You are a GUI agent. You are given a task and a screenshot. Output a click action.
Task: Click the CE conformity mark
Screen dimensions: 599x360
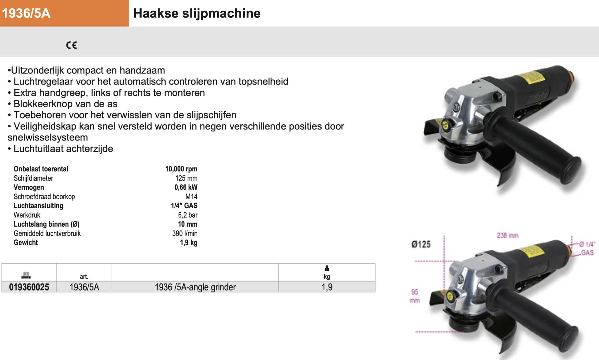pyautogui.click(x=71, y=45)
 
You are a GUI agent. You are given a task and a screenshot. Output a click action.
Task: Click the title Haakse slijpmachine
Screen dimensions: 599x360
pyautogui.click(x=197, y=13)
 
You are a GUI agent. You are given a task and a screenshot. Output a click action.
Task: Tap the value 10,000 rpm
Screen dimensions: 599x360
pyautogui.click(x=181, y=169)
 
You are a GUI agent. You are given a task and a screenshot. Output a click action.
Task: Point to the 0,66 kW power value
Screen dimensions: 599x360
pyautogui.click(x=186, y=187)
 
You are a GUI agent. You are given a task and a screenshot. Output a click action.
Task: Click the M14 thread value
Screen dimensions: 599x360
pyautogui.click(x=191, y=196)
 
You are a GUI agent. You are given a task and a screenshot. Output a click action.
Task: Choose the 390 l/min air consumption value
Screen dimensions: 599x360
pyautogui.click(x=185, y=233)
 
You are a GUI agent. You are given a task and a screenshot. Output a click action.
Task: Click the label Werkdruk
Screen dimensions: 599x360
pyautogui.click(x=27, y=215)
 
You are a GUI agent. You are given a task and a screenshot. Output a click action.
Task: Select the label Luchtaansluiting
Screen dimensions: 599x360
pyautogui.click(x=38, y=206)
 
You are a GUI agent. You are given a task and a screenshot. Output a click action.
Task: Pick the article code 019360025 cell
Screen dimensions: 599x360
pyautogui.click(x=29, y=287)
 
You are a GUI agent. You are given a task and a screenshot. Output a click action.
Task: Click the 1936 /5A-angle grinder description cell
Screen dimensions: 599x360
pyautogui.click(x=195, y=287)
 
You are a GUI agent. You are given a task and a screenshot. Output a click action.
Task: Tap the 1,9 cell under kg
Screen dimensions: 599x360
pyautogui.click(x=327, y=287)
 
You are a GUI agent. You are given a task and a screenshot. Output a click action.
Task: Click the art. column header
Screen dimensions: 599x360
pyautogui.click(x=84, y=276)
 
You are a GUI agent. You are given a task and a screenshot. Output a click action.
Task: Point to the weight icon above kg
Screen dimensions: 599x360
pyautogui.click(x=327, y=269)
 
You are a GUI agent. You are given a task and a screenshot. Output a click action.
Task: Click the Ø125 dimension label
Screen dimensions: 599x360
pyautogui.click(x=421, y=244)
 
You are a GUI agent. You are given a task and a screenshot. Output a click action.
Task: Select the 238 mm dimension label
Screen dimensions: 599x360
pyautogui.click(x=508, y=235)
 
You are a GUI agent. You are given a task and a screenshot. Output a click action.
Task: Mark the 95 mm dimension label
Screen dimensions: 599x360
pyautogui.click(x=415, y=296)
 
